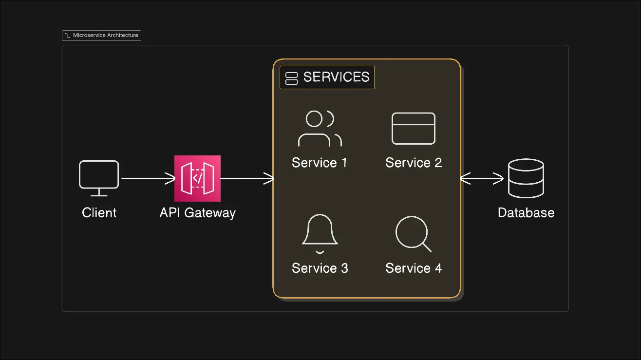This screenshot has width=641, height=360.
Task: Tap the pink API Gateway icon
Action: (197, 178)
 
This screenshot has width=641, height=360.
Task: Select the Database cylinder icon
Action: (526, 178)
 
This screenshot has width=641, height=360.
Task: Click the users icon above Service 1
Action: (319, 129)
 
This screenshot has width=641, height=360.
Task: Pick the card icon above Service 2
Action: (414, 129)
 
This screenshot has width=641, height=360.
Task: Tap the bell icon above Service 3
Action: (320, 234)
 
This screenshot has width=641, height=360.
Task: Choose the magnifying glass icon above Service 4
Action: (413, 234)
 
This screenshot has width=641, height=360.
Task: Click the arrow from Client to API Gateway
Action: (148, 179)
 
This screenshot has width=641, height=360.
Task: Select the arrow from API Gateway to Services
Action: (247, 179)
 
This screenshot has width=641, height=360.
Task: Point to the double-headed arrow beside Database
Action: (482, 179)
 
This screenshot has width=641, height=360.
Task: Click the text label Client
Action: (99, 213)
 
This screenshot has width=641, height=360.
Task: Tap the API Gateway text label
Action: (197, 213)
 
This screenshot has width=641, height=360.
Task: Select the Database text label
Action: (526, 213)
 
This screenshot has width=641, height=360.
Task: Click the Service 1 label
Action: (320, 163)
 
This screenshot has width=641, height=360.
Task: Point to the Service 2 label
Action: (414, 163)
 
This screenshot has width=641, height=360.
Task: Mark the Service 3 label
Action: (320, 268)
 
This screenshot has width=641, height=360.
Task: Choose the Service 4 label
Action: (414, 268)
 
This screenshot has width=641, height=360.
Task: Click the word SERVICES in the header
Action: (336, 77)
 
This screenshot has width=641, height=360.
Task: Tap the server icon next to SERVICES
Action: (291, 78)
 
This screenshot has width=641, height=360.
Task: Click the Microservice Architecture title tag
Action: (102, 36)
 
